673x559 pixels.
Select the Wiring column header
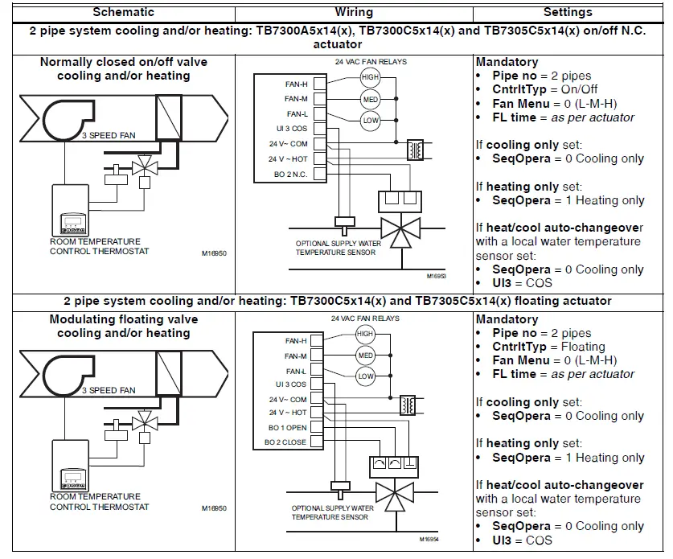click(x=353, y=12)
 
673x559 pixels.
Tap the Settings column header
click(x=568, y=12)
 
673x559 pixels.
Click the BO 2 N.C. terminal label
click(x=288, y=175)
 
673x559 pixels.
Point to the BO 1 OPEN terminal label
click(x=287, y=428)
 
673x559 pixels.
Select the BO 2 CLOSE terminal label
click(x=285, y=442)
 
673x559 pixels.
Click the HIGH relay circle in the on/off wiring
click(x=370, y=77)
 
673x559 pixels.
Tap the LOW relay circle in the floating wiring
click(x=366, y=376)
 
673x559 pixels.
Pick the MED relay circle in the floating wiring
click(x=366, y=355)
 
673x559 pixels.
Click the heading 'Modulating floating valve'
click(x=123, y=319)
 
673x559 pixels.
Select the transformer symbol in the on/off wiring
click(x=417, y=150)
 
